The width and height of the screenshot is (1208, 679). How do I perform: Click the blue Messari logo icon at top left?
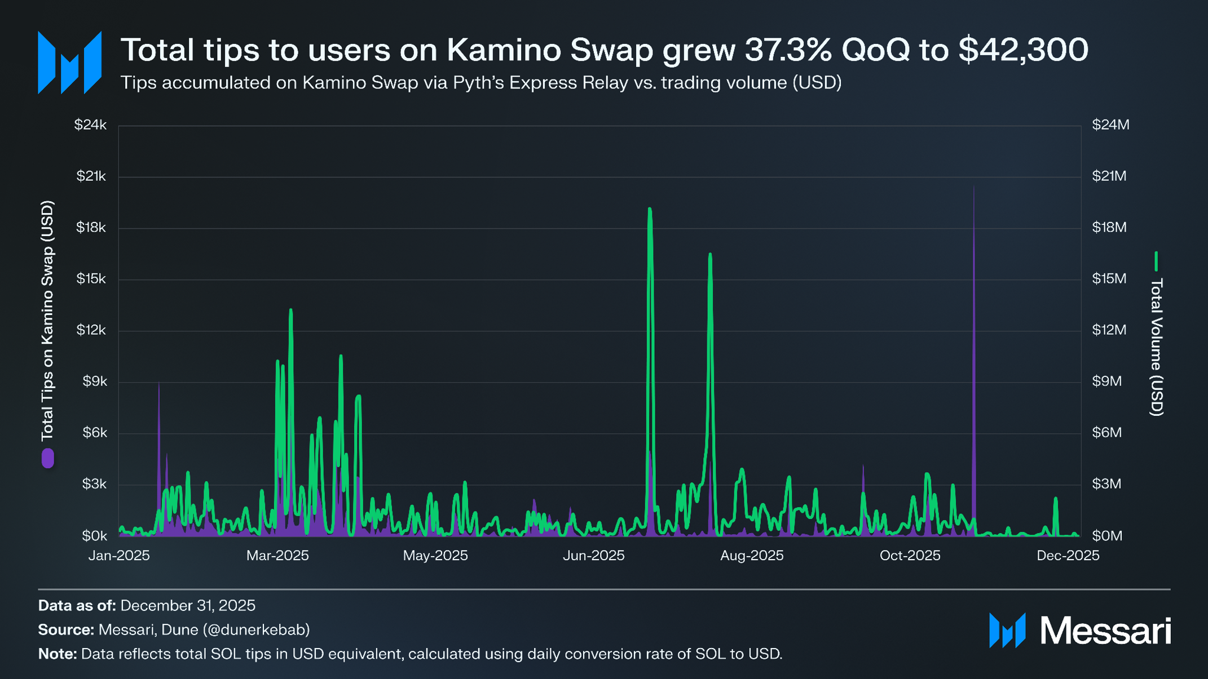point(69,63)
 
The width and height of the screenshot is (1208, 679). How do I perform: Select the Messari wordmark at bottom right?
point(1105,631)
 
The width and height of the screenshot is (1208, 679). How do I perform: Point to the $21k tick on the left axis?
point(91,176)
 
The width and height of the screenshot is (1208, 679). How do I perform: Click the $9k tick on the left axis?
point(94,381)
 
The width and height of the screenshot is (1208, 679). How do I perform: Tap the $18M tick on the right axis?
point(1109,227)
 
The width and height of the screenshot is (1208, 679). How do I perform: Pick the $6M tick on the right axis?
point(1106,432)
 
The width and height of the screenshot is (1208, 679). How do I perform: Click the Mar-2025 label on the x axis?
point(277,556)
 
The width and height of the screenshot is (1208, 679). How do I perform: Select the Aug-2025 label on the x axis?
point(752,556)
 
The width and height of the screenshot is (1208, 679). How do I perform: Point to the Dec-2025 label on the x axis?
point(1068,556)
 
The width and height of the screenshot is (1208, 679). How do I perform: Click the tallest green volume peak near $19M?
point(650,210)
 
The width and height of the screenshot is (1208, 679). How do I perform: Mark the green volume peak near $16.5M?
point(710,255)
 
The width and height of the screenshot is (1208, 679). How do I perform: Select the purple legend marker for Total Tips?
point(48,458)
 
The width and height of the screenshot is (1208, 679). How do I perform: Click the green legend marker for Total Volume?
point(1156,261)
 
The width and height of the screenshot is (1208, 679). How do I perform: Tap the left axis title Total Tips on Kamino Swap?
point(47,321)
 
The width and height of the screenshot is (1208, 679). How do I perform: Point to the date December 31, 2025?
point(188,605)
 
